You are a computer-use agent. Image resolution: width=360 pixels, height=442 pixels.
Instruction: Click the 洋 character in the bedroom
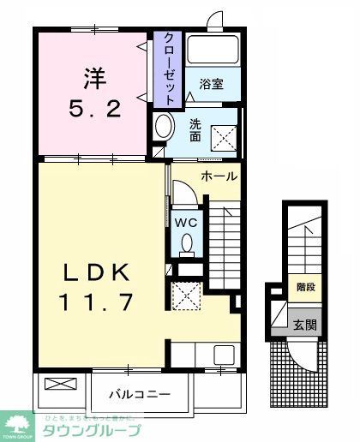[94, 79]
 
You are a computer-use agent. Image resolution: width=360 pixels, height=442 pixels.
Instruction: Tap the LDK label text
[96, 273]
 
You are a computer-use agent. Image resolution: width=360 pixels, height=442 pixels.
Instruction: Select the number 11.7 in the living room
[96, 302]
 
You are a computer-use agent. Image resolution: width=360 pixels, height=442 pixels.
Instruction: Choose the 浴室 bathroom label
[211, 84]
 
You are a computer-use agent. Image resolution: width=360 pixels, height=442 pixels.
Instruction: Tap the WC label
[188, 222]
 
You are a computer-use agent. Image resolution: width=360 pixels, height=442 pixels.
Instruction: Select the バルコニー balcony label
[139, 395]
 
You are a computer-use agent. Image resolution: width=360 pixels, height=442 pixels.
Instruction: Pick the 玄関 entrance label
[305, 325]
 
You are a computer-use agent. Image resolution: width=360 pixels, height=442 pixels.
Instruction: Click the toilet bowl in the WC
[188, 245]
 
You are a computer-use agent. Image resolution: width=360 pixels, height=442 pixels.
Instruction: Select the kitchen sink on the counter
[224, 354]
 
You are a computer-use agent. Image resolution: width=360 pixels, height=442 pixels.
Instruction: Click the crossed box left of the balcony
[60, 385]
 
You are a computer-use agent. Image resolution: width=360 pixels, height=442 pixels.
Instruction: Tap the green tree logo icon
[16, 426]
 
